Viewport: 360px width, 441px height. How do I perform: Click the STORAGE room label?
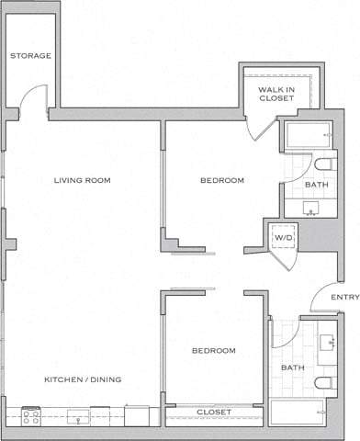pyautogui.click(x=30, y=56)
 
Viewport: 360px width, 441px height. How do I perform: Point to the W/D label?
pyautogui.click(x=282, y=239)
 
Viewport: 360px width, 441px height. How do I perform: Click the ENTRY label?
pyautogui.click(x=344, y=297)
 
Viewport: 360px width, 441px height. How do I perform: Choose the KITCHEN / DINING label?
pyautogui.click(x=84, y=379)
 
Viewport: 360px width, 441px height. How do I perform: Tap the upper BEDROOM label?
pyautogui.click(x=222, y=181)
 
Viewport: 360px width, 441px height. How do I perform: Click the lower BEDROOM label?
pyautogui.click(x=214, y=351)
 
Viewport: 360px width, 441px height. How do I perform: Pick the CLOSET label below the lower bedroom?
pyautogui.click(x=214, y=413)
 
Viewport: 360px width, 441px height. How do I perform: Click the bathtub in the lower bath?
pyautogui.click(x=296, y=413)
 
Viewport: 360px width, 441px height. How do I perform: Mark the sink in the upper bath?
pyautogui.click(x=312, y=210)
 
